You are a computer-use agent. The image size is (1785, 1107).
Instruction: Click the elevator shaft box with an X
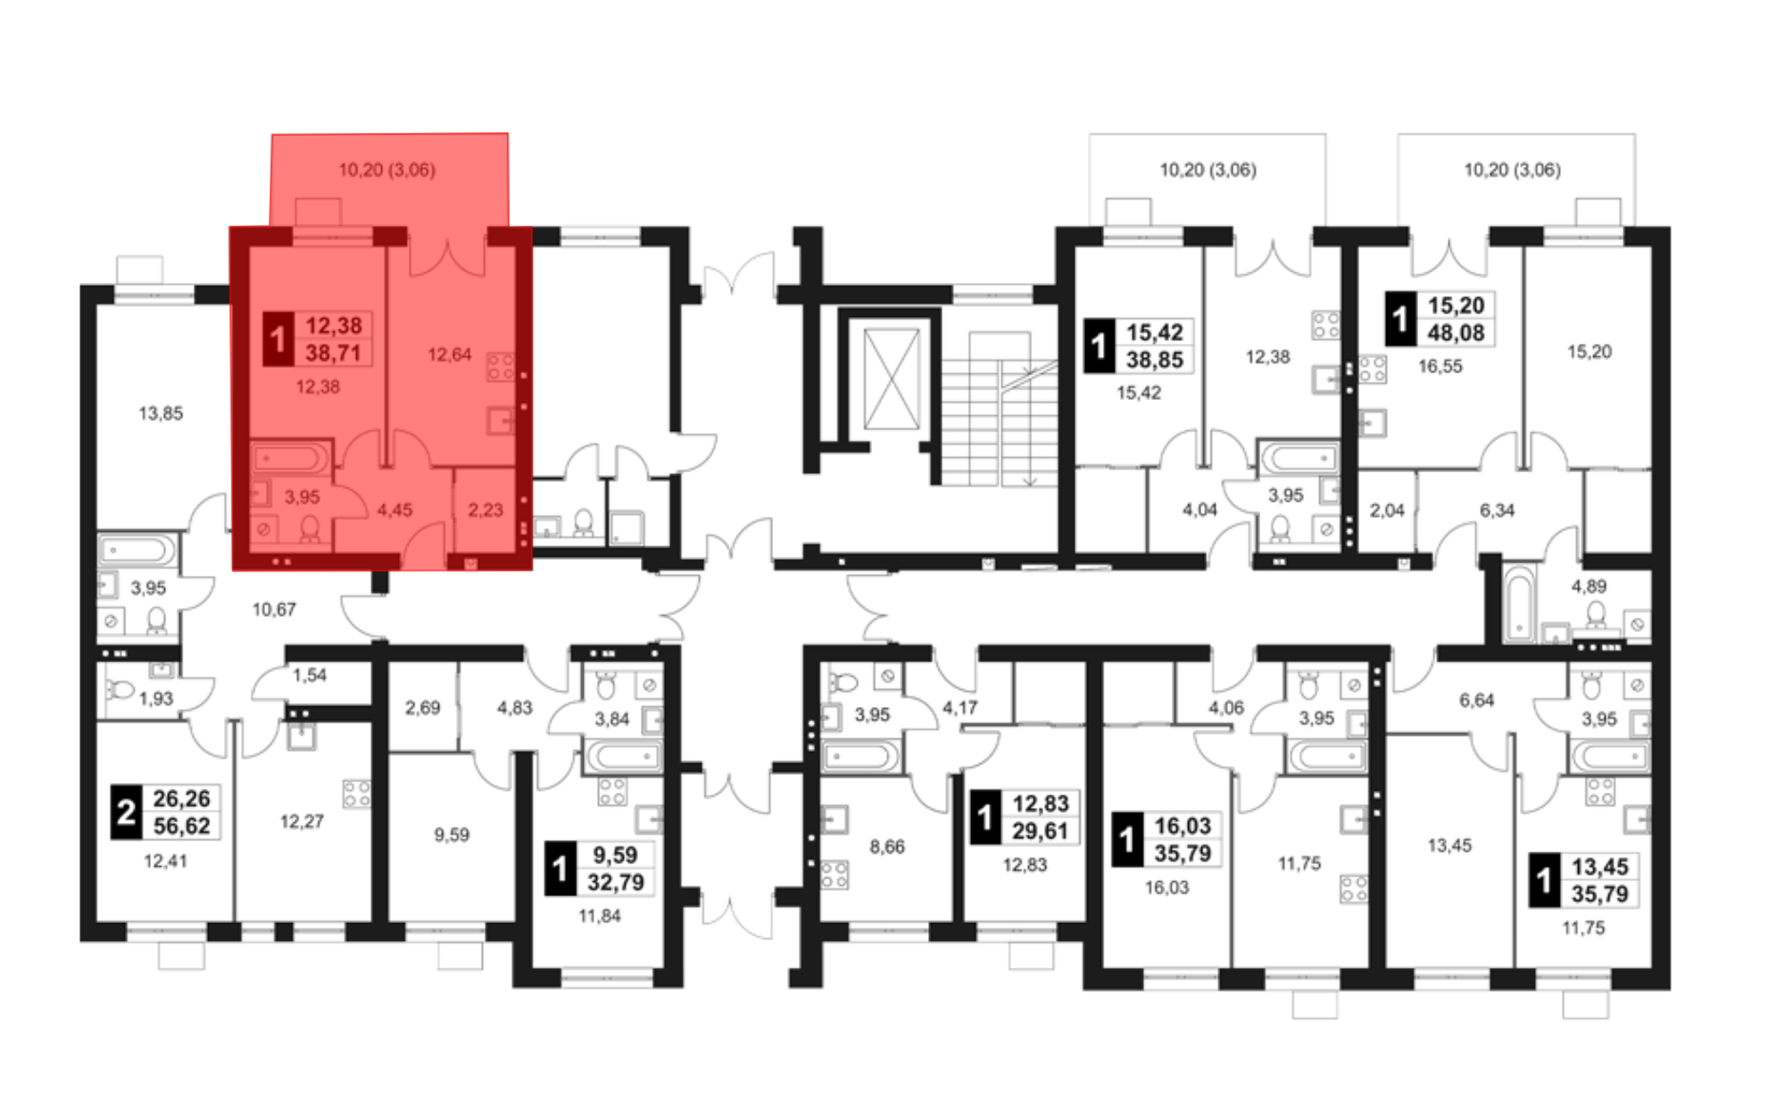(892, 379)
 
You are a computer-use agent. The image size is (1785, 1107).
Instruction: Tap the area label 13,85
(161, 413)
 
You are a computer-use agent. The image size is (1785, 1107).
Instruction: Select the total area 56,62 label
(181, 826)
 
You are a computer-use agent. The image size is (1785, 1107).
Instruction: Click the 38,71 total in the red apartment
(333, 353)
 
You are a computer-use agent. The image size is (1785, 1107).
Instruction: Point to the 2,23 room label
(486, 510)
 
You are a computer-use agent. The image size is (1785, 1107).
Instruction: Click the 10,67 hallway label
(274, 610)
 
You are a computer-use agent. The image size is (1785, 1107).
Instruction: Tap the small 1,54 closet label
(310, 675)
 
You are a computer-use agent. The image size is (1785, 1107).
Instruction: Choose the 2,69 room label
(422, 708)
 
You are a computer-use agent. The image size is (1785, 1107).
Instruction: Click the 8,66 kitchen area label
(887, 846)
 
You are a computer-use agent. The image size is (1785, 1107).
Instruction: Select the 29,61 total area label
(1040, 831)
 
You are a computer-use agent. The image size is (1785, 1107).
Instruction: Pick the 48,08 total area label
(1456, 333)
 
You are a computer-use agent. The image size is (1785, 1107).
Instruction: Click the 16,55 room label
(1440, 366)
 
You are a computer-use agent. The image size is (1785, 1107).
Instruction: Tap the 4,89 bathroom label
(1589, 587)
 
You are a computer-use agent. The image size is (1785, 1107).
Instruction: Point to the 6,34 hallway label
(1497, 511)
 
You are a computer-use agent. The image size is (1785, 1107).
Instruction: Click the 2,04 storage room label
(1387, 511)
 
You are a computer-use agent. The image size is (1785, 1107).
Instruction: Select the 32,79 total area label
(616, 883)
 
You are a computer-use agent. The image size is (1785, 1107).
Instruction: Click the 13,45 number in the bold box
(1599, 866)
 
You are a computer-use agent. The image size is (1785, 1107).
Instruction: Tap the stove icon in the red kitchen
(500, 367)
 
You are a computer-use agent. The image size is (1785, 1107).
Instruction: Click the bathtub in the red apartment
(290, 459)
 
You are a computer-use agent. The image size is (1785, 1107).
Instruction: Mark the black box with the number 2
(126, 812)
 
